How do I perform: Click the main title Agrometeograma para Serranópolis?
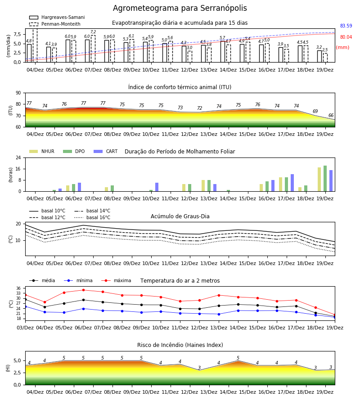coord(180,8)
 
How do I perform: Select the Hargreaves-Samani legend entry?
coord(57,17)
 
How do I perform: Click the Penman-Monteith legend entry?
coord(55,24)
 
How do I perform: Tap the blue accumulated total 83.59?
coord(346,26)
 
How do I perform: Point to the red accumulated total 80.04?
coord(346,37)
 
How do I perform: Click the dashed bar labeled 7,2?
coord(93,49)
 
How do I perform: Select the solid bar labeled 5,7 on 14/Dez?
coord(223,51)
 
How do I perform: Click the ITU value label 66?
coord(331,115)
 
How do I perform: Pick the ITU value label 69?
coord(315,111)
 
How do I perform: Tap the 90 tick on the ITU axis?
coord(18,93)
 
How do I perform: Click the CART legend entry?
coord(106,151)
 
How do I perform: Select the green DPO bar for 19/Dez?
coord(325,179)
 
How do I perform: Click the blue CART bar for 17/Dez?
coord(292,183)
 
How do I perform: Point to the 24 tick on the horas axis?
coord(18,157)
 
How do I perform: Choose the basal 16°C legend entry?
coord(92,217)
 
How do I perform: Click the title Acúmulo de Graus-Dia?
coord(180,216)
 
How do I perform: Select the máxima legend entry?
coord(116,280)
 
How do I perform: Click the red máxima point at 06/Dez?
coord(83,290)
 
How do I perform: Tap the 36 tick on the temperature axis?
coord(18,288)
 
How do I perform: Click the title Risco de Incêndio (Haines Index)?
coord(180,345)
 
